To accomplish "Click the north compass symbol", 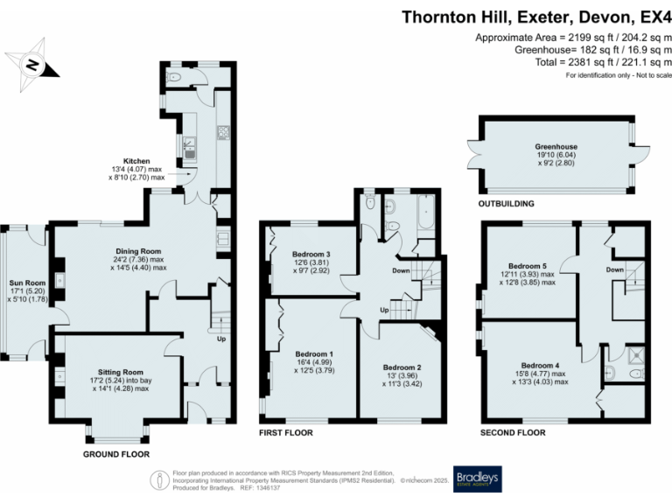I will coord(32,64).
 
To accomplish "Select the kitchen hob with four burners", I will coord(222,134).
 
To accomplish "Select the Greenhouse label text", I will coord(556,147).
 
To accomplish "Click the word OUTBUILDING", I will coord(506,204).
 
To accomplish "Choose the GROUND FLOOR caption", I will coord(115,454).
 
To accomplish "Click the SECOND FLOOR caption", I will coord(515,432).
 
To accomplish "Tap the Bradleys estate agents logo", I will coord(474,479).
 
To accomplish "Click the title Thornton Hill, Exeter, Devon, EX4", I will coord(536,17).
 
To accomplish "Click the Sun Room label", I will coord(24,283).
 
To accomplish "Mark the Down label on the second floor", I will coord(614,269).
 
